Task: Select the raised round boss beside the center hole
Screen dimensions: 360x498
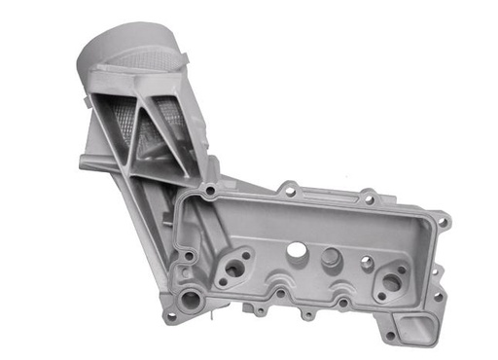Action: tap(330, 258)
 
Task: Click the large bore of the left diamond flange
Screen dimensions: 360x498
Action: tap(233, 270)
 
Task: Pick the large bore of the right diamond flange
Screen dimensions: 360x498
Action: tap(391, 282)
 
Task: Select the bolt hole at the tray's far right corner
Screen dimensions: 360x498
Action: tap(444, 223)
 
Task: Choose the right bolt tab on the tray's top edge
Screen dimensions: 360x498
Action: tap(369, 198)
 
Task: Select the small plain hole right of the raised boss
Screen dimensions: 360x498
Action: tap(367, 262)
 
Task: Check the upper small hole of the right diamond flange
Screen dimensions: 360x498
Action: tap(403, 267)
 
